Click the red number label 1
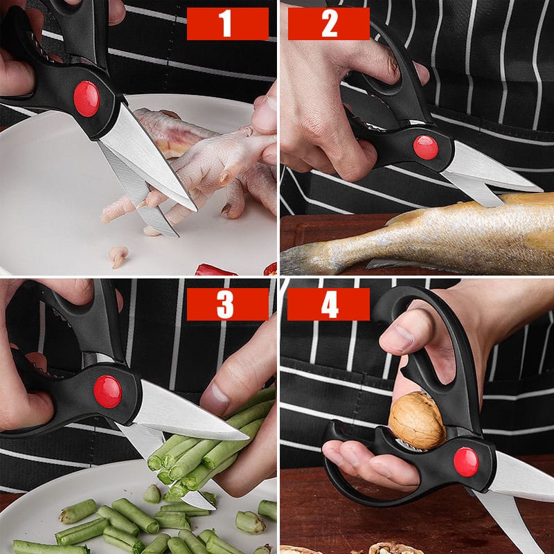click(228, 24)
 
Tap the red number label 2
click(329, 24)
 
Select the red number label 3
click(228, 304)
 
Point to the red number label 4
click(328, 304)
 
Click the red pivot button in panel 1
click(87, 99)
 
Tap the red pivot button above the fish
click(426, 148)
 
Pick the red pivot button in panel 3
click(108, 391)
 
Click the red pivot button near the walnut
click(466, 462)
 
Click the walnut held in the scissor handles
click(417, 420)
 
